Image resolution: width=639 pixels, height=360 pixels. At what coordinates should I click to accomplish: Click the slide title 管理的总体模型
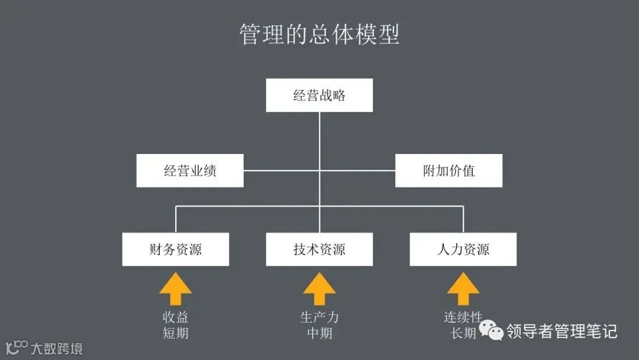(319, 34)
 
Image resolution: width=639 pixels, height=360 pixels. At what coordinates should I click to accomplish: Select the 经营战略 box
(319, 95)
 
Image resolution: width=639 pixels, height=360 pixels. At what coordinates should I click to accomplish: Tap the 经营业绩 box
(190, 171)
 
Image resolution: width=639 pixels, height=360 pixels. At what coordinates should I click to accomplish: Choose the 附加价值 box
(448, 171)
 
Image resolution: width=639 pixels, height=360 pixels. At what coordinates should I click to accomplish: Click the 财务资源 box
(176, 249)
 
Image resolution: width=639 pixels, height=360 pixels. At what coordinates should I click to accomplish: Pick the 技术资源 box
(319, 249)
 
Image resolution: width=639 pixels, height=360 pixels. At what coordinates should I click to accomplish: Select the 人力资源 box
(463, 249)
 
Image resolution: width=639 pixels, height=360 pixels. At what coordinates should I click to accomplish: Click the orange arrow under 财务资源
(176, 289)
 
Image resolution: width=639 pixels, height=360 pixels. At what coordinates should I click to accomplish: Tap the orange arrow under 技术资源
(319, 289)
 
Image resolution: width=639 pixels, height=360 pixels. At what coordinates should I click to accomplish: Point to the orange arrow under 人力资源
(463, 289)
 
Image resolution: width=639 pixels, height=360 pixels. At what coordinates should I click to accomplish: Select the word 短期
(176, 333)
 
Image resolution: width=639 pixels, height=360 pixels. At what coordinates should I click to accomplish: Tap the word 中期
(319, 333)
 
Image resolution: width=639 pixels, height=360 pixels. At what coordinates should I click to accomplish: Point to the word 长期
(463, 333)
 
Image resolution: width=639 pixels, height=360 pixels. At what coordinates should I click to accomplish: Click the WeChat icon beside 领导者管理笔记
(492, 331)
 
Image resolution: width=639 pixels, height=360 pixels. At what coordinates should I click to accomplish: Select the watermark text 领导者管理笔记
(561, 331)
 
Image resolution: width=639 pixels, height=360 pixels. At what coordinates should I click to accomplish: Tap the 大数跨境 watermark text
(57, 348)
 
